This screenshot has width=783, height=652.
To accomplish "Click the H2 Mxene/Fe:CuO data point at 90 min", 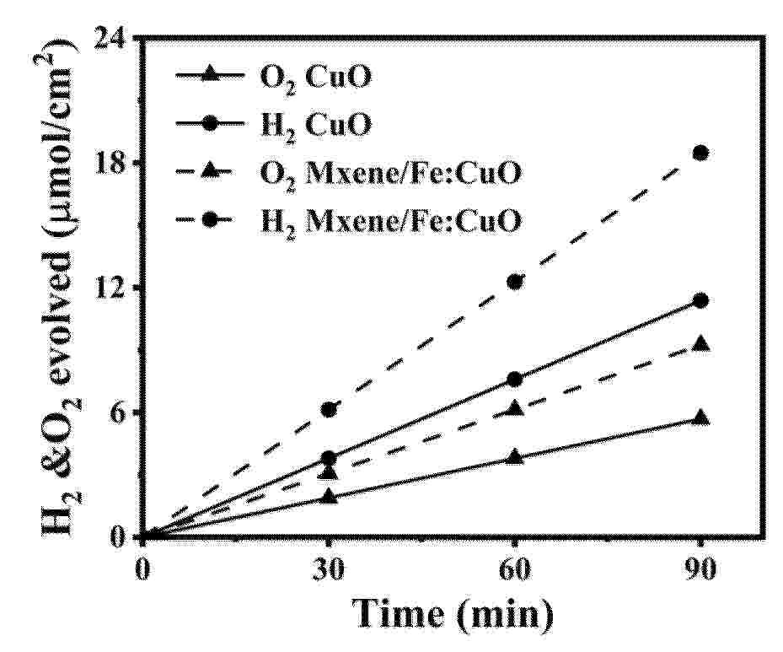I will coord(700,153).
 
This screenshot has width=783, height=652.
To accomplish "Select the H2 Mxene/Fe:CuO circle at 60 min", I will coord(515,282).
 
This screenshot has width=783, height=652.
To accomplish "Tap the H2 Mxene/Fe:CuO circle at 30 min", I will coord(330,409).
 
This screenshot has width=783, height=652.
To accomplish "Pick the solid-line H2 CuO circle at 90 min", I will coord(700,300).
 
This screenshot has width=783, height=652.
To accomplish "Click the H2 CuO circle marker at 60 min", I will coord(515,379).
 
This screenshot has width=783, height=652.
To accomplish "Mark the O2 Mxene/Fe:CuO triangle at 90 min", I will coord(700,344).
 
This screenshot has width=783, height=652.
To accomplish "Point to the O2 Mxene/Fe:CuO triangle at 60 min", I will coord(515,409).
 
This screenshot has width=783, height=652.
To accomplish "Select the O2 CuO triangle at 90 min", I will coord(700,418).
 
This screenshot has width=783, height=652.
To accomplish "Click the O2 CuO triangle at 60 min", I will coord(515,457).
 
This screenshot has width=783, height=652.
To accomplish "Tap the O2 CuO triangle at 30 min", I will coord(330,497).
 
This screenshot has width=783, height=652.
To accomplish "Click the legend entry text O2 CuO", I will coord(310,78).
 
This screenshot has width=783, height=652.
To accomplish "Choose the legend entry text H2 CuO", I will coord(310,127).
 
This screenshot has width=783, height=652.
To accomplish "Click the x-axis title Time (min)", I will coord(453,613).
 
